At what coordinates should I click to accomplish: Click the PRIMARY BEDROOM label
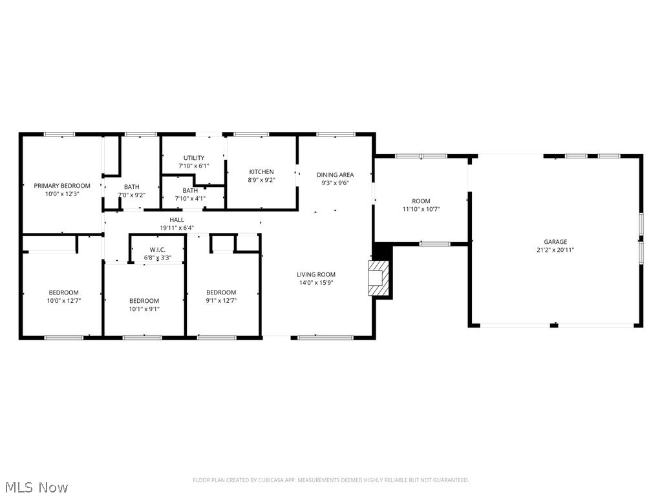pyautogui.click(x=62, y=186)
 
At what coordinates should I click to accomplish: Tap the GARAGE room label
pyautogui.click(x=555, y=242)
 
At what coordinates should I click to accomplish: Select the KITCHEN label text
pyautogui.click(x=261, y=172)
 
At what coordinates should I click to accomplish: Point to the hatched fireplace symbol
pyautogui.click(x=376, y=278)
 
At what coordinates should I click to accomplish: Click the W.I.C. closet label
pyautogui.click(x=157, y=250)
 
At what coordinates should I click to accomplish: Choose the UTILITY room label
pyautogui.click(x=193, y=158)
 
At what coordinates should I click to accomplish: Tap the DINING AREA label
pyautogui.click(x=335, y=175)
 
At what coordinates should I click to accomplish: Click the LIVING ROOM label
pyautogui.click(x=316, y=274)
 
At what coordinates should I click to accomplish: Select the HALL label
pyautogui.click(x=176, y=220)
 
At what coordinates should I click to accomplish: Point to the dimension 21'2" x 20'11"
pyautogui.click(x=555, y=250)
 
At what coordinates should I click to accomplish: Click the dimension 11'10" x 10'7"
pyautogui.click(x=421, y=209)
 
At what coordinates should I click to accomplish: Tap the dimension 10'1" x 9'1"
pyautogui.click(x=144, y=309)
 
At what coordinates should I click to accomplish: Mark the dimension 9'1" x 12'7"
pyautogui.click(x=221, y=300)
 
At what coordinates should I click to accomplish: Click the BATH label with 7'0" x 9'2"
pyautogui.click(x=131, y=186)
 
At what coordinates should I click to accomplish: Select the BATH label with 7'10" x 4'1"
pyautogui.click(x=190, y=191)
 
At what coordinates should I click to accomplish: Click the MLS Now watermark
pyautogui.click(x=36, y=487)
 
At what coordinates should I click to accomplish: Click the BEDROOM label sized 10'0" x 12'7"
pyautogui.click(x=63, y=293)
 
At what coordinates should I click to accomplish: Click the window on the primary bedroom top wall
pyautogui.click(x=59, y=135)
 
